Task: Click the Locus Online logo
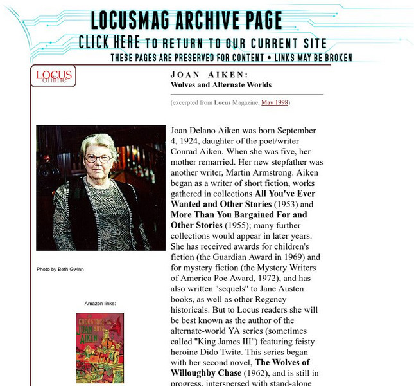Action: pyautogui.click(x=53, y=76)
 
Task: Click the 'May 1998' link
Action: pyautogui.click(x=275, y=102)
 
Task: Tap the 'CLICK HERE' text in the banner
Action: pyautogui.click(x=109, y=43)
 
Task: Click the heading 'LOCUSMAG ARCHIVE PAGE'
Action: pyautogui.click(x=186, y=21)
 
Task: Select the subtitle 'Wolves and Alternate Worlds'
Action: pyautogui.click(x=221, y=85)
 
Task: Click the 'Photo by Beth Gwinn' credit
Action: pyautogui.click(x=60, y=269)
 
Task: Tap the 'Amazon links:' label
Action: pyautogui.click(x=99, y=303)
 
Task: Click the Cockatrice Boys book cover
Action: pyautogui.click(x=99, y=347)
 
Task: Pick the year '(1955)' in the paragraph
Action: pyautogui.click(x=236, y=226)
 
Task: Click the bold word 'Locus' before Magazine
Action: pyautogui.click(x=222, y=102)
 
